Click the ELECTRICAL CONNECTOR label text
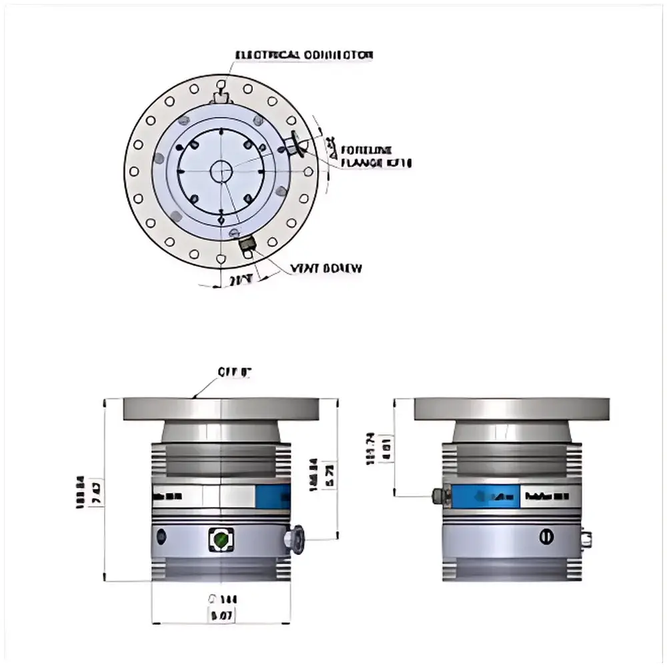304,55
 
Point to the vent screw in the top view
247,247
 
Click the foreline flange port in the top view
297,143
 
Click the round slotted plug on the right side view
546,536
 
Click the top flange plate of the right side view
512,408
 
